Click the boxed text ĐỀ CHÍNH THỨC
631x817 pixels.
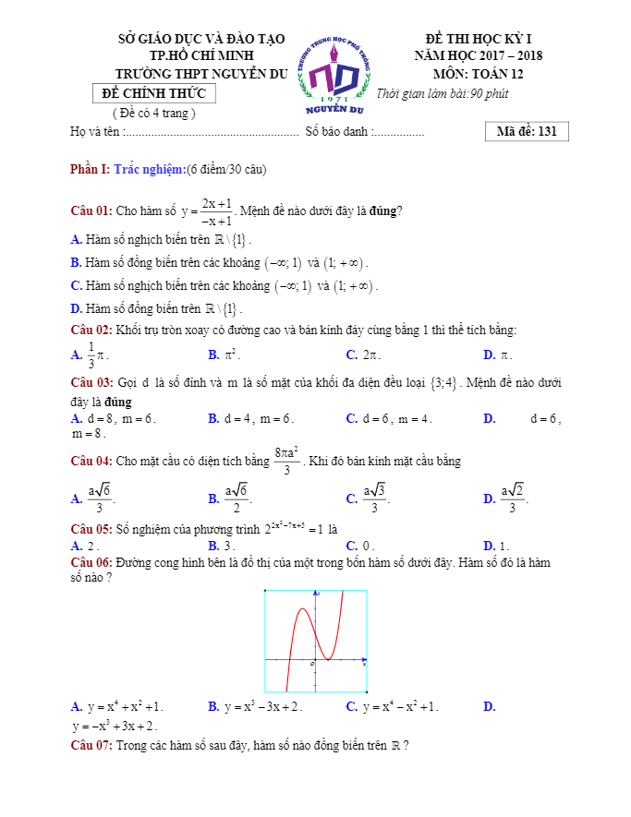[155, 93]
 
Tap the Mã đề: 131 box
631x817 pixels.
[526, 131]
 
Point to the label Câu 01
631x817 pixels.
[91, 210]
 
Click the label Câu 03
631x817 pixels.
[91, 382]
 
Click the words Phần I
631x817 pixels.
[90, 169]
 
